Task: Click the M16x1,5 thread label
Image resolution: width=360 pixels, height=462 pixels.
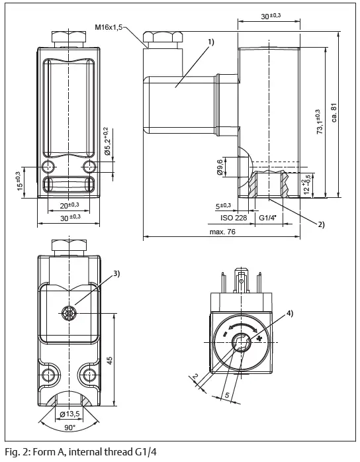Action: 109,27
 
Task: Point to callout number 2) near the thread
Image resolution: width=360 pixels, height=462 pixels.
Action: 321,224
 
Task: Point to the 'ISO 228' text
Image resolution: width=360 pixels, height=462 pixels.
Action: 233,216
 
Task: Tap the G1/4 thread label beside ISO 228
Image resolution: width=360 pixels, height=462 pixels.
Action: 269,216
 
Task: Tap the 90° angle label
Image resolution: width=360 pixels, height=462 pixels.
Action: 69,428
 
